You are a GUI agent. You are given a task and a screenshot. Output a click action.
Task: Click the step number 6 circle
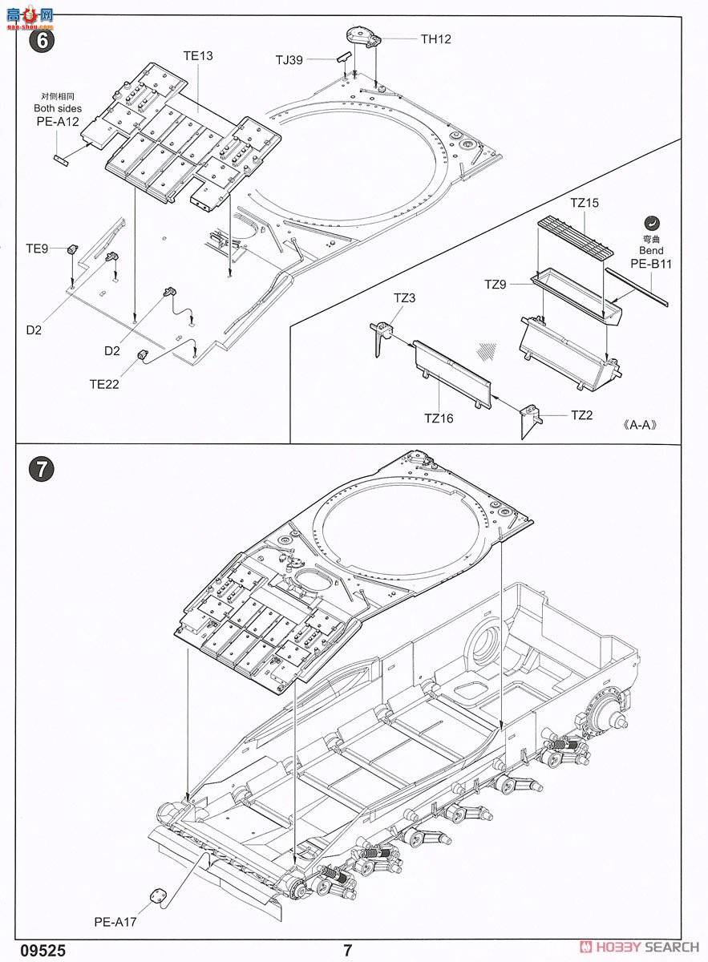41,41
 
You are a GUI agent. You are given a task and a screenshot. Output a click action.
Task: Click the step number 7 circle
41,469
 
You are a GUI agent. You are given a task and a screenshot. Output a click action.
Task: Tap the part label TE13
198,55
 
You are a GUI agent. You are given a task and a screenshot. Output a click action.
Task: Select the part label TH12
436,38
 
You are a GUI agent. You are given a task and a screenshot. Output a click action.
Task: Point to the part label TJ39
289,60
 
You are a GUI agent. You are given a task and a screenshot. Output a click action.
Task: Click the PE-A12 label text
57,121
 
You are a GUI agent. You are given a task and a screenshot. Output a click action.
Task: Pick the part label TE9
37,249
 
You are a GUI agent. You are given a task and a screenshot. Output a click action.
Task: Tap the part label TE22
104,384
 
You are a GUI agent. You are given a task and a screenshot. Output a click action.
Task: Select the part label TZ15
585,204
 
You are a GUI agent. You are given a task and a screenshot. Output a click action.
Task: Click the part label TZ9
495,284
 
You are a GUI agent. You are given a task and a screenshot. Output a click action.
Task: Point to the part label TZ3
404,298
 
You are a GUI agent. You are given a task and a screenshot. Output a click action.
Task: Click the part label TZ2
581,415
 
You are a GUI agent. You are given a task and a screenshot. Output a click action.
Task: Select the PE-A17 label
115,922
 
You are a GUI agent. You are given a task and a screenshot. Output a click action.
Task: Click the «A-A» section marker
640,426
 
